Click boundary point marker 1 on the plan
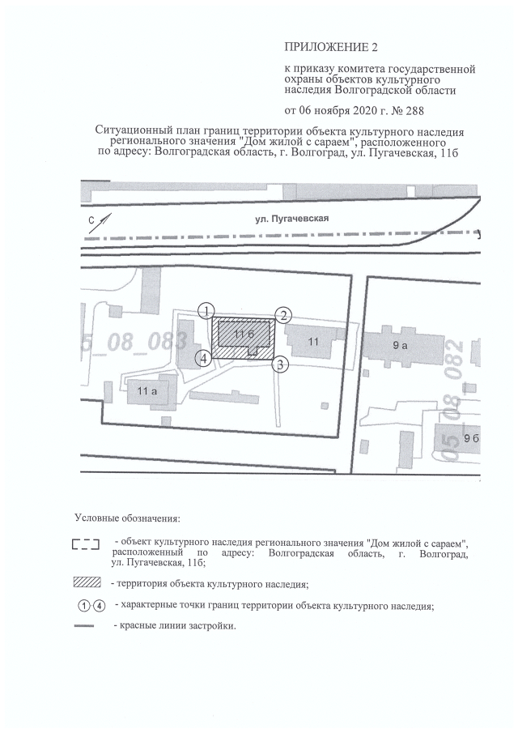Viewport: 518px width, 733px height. pyautogui.click(x=208, y=311)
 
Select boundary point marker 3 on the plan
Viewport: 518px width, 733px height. pyautogui.click(x=279, y=364)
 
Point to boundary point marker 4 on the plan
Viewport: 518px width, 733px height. pyautogui.click(x=206, y=357)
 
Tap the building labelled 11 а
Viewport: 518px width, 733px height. pyautogui.click(x=146, y=392)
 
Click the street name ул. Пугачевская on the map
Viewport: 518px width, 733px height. pyautogui.click(x=294, y=218)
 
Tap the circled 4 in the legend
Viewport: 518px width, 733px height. pyautogui.click(x=100, y=606)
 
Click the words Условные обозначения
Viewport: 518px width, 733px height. pyautogui.click(x=127, y=517)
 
